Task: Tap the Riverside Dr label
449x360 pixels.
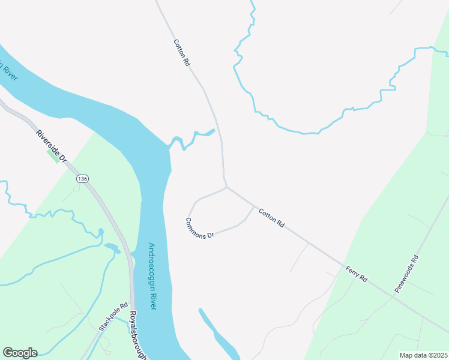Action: pyautogui.click(x=50, y=146)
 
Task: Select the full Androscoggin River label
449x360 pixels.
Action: pyautogui.click(x=152, y=276)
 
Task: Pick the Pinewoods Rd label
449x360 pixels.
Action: pyautogui.click(x=406, y=274)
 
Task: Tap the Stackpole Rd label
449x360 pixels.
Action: pyautogui.click(x=113, y=316)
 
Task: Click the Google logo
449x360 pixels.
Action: pyautogui.click(x=20, y=353)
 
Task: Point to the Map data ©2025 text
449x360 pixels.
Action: pyautogui.click(x=423, y=355)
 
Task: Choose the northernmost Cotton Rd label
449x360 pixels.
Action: pyautogui.click(x=181, y=52)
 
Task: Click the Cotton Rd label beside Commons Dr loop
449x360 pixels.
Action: pyautogui.click(x=271, y=217)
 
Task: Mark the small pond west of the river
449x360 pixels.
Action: pyautogui.click(x=112, y=247)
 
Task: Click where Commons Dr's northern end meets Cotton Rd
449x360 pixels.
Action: pyautogui.click(x=226, y=187)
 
